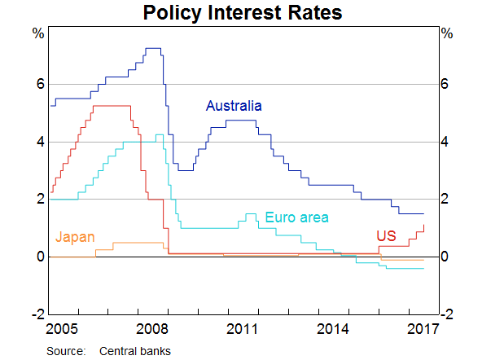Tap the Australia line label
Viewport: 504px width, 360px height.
[234, 106]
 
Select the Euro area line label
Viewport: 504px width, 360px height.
[296, 217]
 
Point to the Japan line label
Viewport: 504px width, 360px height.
[75, 238]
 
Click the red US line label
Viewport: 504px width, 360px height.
[386, 236]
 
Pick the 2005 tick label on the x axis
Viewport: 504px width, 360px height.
[64, 329]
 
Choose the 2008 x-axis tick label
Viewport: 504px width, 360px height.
[154, 329]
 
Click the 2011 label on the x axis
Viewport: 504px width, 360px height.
[243, 329]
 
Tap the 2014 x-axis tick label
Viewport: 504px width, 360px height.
[334, 329]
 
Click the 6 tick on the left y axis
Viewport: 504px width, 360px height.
[38, 85]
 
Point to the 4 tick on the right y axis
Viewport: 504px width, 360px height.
[445, 143]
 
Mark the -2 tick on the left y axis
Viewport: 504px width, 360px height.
[36, 314]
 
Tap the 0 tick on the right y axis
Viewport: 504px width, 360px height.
[445, 257]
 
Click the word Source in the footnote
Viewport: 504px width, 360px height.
[65, 351]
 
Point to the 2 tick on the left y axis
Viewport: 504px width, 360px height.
[38, 200]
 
